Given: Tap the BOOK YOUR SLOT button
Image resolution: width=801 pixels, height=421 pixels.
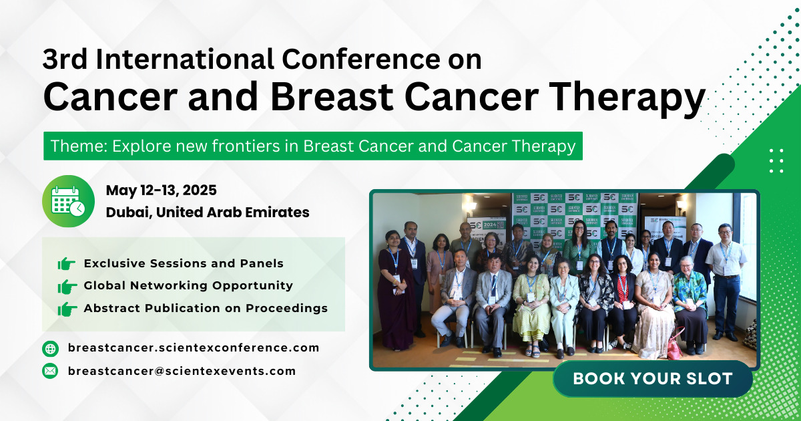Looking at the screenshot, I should [x=652, y=378].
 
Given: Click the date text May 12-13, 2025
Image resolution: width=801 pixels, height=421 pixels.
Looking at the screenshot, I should [x=161, y=190].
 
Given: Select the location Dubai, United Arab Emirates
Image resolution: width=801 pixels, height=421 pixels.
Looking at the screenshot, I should [x=207, y=213].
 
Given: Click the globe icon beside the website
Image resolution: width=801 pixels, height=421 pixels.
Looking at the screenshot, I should [x=50, y=348].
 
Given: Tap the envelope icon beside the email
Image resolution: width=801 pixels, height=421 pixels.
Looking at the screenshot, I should [x=50, y=371].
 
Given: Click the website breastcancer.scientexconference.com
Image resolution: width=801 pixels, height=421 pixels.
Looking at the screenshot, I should [x=193, y=348].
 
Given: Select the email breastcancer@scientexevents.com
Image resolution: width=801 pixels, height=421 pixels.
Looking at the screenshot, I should [x=181, y=371].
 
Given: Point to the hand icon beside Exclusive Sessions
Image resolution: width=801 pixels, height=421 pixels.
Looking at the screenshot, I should [x=67, y=264].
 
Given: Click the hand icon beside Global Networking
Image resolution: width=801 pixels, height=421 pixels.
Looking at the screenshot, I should [x=67, y=286].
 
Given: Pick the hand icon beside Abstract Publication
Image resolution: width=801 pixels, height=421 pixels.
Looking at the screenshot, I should [x=67, y=309].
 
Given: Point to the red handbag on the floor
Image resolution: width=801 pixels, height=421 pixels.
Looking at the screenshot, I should [x=675, y=348].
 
